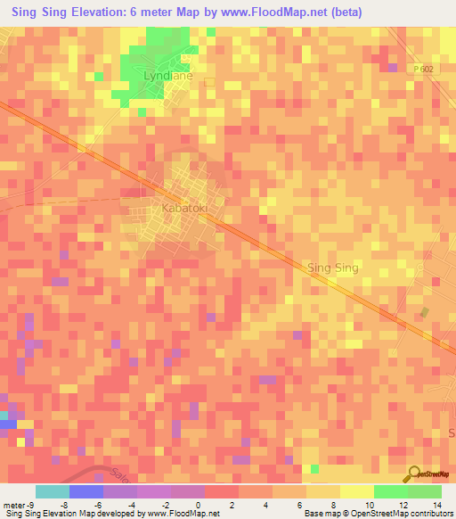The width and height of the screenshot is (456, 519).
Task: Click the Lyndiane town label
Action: pyautogui.click(x=168, y=77)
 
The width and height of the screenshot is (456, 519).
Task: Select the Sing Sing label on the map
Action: pyautogui.click(x=331, y=268)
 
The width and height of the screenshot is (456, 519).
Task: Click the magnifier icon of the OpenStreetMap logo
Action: pyautogui.click(x=414, y=474)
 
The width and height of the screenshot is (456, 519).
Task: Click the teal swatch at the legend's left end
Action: pyautogui.click(x=52, y=491)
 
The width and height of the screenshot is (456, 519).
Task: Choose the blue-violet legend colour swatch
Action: pyautogui.click(x=85, y=491)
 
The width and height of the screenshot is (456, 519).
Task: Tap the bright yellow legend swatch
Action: pyautogui.click(x=356, y=491)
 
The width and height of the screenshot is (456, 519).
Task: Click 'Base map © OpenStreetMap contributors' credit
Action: pyautogui.click(x=377, y=514)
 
